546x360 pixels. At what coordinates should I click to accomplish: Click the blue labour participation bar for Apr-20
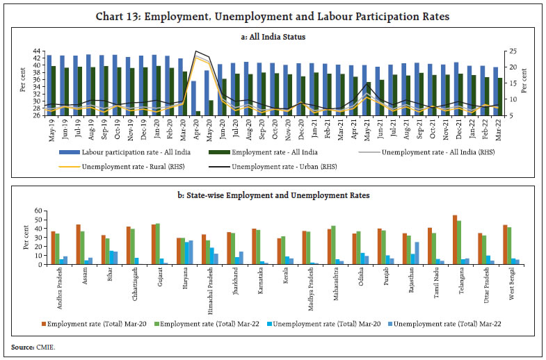pos(193,98)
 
